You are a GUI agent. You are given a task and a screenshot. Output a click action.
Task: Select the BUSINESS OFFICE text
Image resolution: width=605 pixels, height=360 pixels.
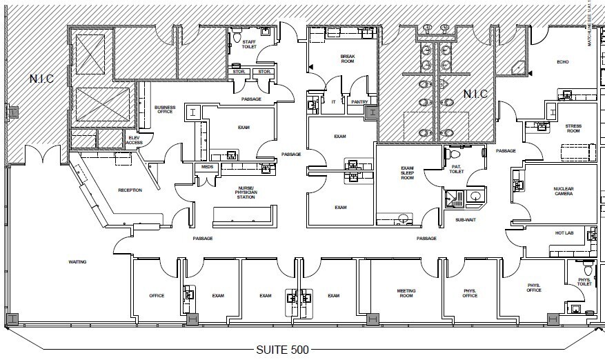tap(165, 110)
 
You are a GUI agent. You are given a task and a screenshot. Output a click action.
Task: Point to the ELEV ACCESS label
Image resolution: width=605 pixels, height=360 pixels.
tap(135, 140)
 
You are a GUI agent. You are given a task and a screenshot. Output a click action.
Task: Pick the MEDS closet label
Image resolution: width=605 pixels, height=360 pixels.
tap(207, 168)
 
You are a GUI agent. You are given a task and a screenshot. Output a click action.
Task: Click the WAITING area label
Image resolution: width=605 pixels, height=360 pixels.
tap(77, 262)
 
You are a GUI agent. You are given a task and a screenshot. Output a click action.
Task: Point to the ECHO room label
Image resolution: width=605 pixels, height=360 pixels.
tap(562, 62)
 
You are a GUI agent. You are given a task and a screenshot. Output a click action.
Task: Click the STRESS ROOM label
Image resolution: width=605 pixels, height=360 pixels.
tap(573, 129)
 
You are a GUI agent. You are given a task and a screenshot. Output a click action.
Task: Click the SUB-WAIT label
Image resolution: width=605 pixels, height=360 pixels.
tap(465, 220)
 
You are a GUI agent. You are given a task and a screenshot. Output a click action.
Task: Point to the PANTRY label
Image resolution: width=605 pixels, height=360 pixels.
tap(359, 101)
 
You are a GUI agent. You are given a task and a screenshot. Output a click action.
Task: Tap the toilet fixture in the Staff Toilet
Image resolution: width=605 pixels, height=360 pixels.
tap(237, 32)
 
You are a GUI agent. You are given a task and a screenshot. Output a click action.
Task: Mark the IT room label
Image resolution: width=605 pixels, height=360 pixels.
tap(333, 101)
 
